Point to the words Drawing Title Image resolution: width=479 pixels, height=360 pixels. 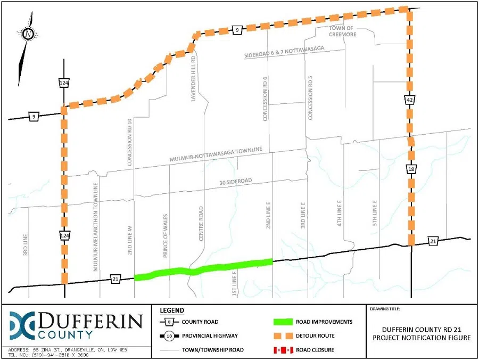pyautogui.click(x=386, y=308)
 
